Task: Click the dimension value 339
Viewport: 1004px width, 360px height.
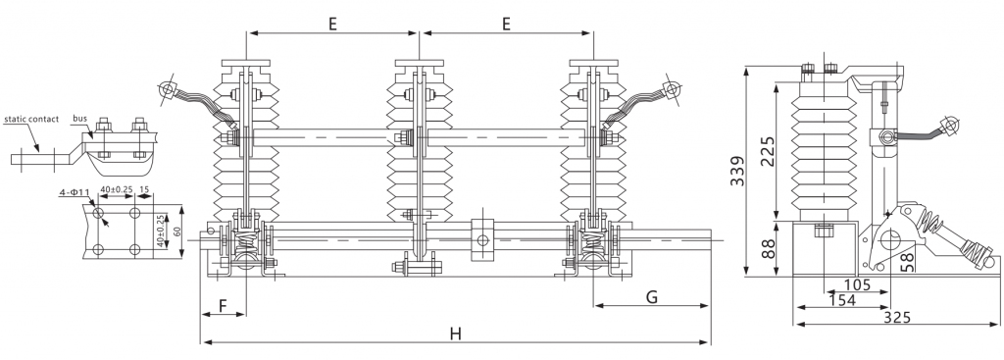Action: point(737,171)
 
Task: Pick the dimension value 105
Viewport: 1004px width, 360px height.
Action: point(857,284)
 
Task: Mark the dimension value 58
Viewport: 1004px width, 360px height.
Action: point(907,262)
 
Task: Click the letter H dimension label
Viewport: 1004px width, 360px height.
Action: point(455,334)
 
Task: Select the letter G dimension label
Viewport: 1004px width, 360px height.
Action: point(651,296)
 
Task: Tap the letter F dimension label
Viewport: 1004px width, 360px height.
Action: point(223,305)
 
